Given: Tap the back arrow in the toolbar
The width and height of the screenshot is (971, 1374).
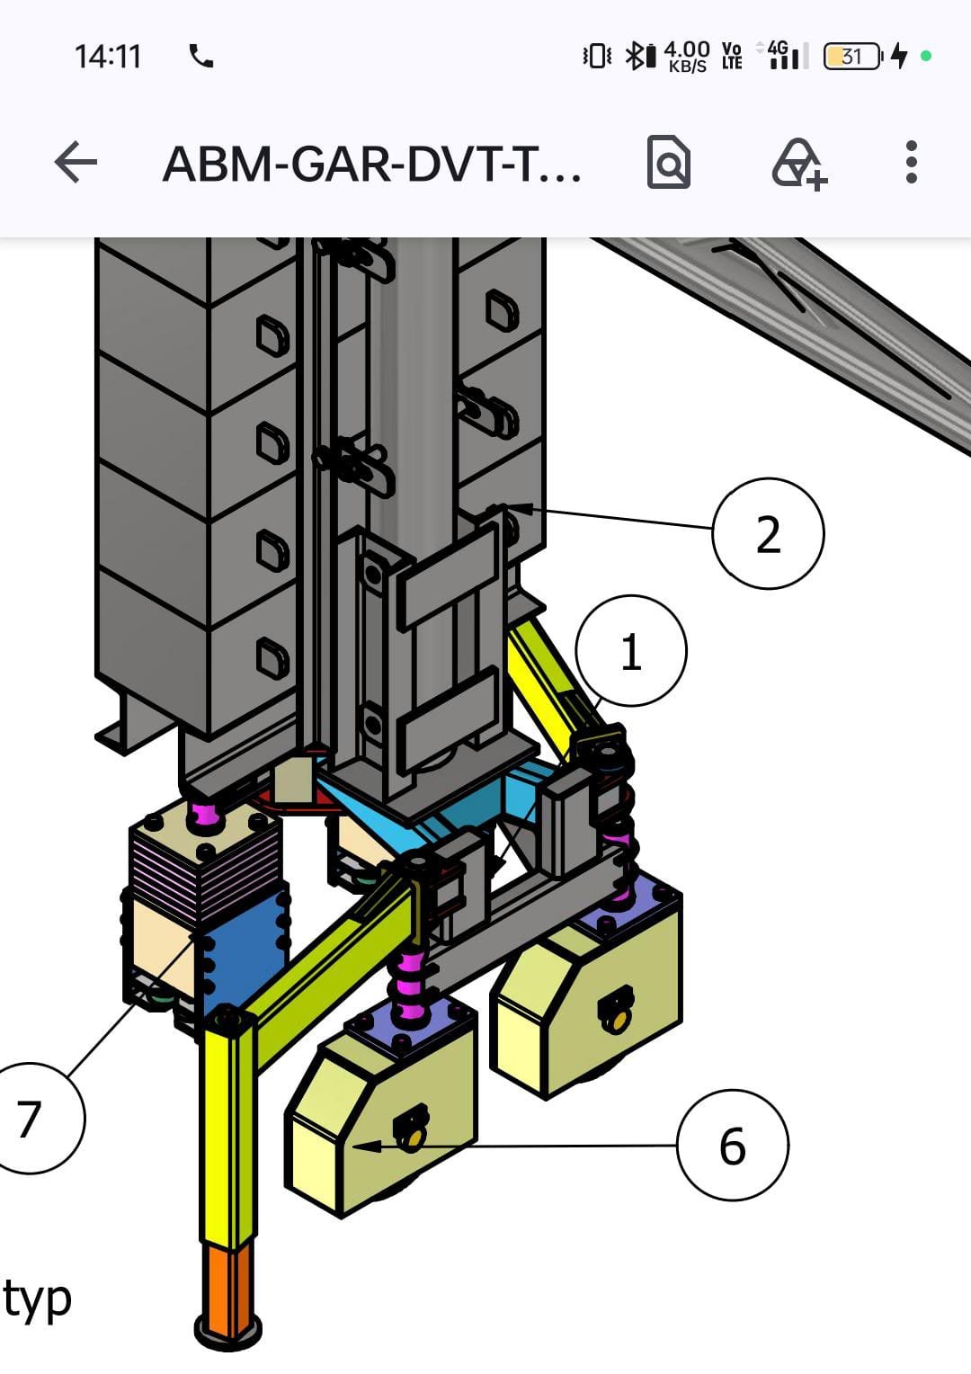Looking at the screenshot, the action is click(x=76, y=162).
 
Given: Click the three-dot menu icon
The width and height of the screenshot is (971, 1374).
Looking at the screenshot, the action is click(x=912, y=162).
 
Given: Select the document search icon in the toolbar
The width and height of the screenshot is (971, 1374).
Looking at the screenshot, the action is click(x=669, y=162).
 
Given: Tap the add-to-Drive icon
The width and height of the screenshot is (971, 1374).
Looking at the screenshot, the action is click(x=798, y=165).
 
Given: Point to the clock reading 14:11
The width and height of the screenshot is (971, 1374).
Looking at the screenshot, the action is click(x=108, y=57).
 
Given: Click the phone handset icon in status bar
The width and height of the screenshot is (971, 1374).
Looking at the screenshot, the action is click(x=201, y=56).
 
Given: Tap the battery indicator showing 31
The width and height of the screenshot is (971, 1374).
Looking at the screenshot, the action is click(x=852, y=57).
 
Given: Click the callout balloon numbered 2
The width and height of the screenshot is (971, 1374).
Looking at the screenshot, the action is click(x=768, y=533).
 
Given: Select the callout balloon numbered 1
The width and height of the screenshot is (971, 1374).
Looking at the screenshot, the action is click(x=631, y=651).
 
